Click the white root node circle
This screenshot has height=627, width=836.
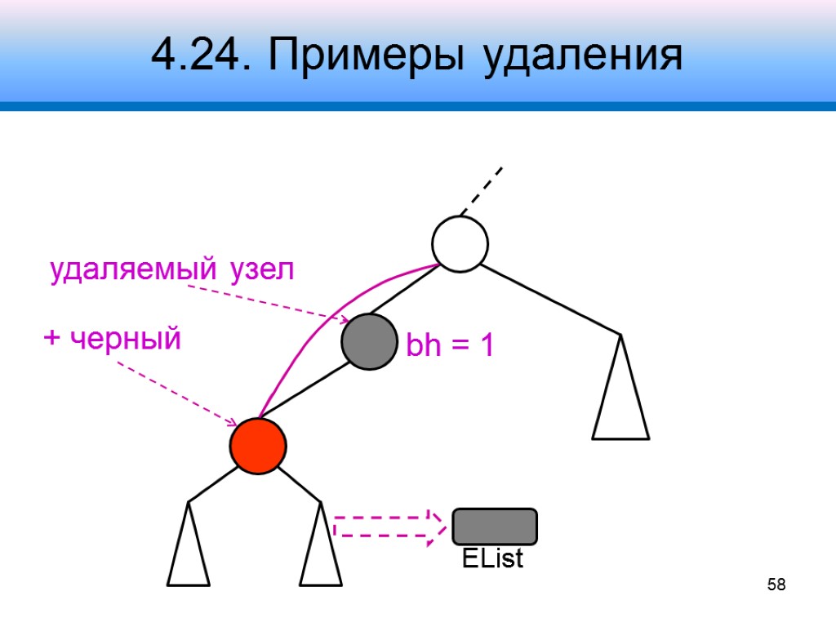pyautogui.click(x=460, y=243)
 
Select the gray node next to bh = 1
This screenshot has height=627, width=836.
pyautogui.click(x=370, y=342)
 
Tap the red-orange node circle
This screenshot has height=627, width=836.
pyautogui.click(x=258, y=446)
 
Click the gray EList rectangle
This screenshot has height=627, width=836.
pyautogui.click(x=495, y=527)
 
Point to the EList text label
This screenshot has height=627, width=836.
pyautogui.click(x=491, y=559)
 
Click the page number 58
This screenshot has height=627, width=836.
pyautogui.click(x=776, y=585)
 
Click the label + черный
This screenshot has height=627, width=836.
pyautogui.click(x=112, y=337)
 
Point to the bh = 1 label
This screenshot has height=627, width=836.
pyautogui.click(x=450, y=347)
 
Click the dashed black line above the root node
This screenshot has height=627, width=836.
pyautogui.click(x=482, y=190)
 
